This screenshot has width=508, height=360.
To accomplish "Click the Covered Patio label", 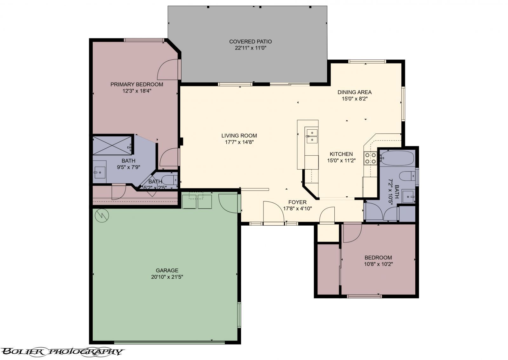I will (251, 42).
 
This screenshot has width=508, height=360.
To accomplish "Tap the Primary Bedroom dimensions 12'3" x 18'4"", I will (137, 91).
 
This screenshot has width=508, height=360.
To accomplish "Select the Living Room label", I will (239, 136).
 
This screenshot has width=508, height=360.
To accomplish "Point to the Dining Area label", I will (354, 92).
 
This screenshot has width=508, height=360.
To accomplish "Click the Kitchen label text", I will (341, 154).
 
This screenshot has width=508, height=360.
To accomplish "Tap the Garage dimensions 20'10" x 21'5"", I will (167, 277).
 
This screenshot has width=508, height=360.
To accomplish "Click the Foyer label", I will (297, 202).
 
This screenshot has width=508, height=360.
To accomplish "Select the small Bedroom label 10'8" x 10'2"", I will (378, 261).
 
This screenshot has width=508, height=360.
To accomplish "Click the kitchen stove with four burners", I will (370, 158).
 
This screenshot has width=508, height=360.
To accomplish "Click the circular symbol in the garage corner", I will (102, 216).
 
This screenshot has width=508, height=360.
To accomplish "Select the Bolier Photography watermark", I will (62, 351).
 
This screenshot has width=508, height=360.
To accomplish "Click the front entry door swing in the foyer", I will (273, 212).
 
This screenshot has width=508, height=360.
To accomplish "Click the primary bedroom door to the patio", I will (168, 70).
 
